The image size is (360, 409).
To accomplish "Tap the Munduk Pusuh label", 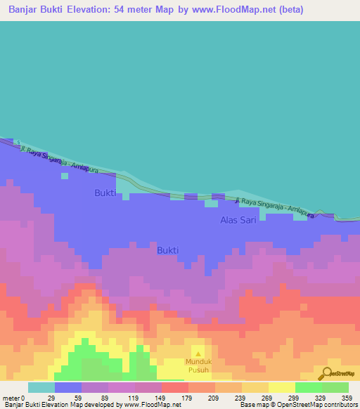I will coord(198,365).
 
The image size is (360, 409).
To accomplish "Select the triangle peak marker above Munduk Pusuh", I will coord(198,353).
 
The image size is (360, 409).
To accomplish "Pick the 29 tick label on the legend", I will coord(51,398).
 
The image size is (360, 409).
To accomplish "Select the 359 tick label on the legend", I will coord(347,398).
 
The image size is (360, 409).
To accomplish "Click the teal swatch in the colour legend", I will coord(41,387).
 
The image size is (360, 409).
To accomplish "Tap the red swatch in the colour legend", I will coord(174,387).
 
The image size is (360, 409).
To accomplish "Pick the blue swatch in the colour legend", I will coord(68,387).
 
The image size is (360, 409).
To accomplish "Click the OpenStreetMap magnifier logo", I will coord(328,373).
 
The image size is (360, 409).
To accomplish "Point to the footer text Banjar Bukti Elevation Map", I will coord(42,405).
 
